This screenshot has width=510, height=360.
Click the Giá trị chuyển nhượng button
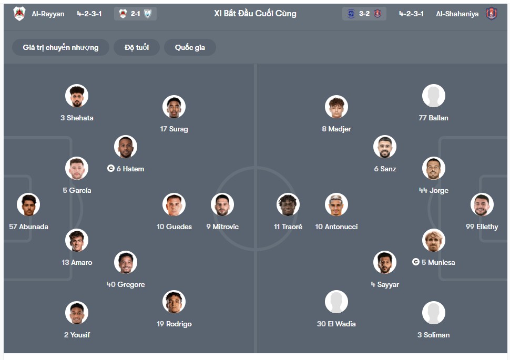pos(60,47)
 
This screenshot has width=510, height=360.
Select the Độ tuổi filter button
pos(137,47)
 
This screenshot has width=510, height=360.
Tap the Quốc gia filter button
pos(190,47)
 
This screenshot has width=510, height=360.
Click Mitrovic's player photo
pos(222,205)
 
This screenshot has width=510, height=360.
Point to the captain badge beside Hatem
pos(110,169)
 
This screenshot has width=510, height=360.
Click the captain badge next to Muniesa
pos(416,262)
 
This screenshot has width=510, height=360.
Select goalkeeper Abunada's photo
pos(28,205)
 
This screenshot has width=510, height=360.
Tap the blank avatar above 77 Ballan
pos(434,96)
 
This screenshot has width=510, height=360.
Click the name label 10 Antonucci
pos(336,227)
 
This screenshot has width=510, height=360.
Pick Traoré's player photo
pos(288,205)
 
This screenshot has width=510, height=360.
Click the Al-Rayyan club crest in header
pos(19,14)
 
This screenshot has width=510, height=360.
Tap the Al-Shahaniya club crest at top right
pos(492,14)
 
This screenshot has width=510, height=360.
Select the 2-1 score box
pos(135,14)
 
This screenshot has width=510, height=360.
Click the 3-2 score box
pos(364,14)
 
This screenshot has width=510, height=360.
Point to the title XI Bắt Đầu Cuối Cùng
pos(255,14)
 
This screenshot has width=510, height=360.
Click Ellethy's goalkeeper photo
pos(482,205)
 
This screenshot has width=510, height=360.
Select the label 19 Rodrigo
pos(174,324)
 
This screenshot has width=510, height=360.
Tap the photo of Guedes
pos(174,205)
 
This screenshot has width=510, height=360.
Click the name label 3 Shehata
pos(77,118)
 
